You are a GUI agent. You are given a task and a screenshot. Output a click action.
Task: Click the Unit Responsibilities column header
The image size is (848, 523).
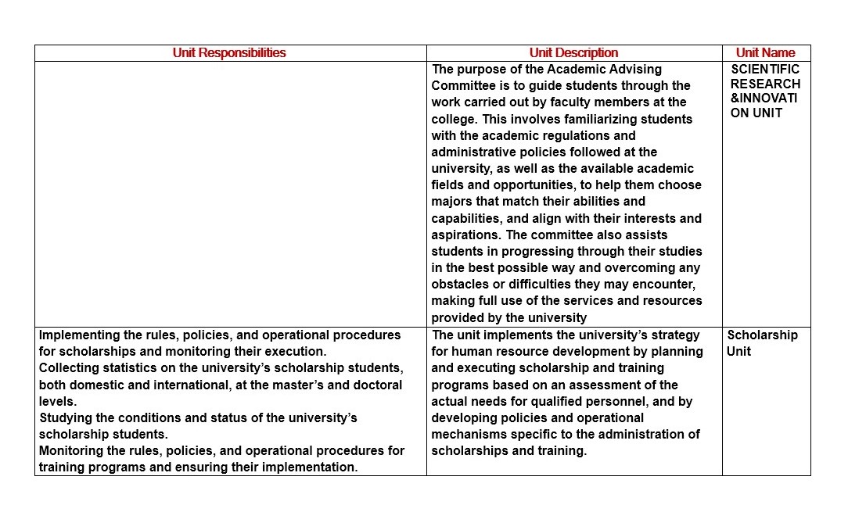click(229, 53)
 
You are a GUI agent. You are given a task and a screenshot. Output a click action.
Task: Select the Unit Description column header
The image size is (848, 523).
click(573, 53)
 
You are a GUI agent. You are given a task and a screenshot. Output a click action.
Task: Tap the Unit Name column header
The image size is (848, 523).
click(765, 53)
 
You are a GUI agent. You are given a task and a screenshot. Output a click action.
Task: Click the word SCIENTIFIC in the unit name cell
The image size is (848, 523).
click(765, 69)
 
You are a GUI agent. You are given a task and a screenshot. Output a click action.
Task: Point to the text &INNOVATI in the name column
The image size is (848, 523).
click(764, 99)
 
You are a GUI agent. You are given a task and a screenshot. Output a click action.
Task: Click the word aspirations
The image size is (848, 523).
click(466, 235)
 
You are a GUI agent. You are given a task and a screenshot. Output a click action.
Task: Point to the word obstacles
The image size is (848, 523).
click(460, 284)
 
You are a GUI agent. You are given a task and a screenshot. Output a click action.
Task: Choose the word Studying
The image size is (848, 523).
click(64, 417)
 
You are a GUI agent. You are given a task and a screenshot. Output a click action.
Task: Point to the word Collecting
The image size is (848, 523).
click(70, 367)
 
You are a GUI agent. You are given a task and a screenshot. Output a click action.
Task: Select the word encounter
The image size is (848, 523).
click(664, 284)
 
